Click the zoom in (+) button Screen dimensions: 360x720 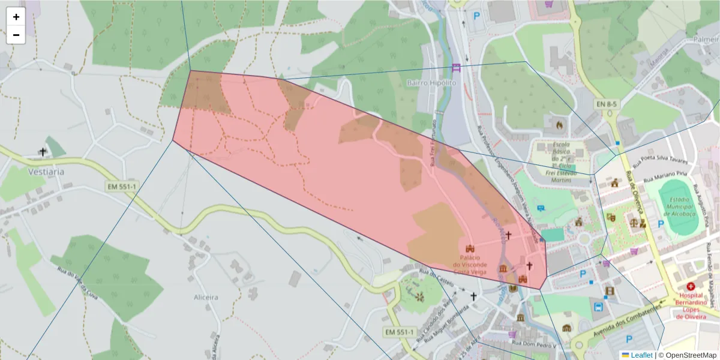[16, 17]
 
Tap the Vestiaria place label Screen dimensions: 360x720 [46, 171]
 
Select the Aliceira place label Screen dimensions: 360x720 [206, 297]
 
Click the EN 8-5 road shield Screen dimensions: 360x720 [607, 104]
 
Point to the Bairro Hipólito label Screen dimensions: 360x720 [431, 82]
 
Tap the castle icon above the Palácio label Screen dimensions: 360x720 [470, 248]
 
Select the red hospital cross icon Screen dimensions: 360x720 [691, 287]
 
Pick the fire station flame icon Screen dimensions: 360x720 [559, 125]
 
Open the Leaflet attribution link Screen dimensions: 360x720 [641, 355]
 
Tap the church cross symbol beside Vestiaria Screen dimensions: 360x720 [43, 152]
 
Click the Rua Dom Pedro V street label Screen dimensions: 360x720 [536, 345]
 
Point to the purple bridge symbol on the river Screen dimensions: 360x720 [456, 67]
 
